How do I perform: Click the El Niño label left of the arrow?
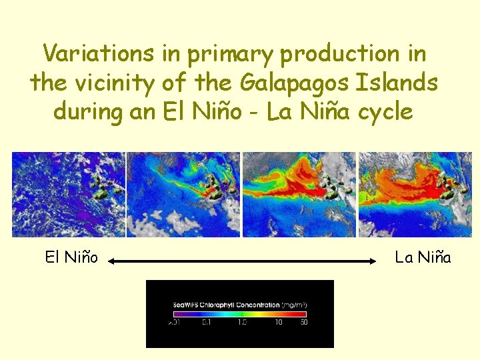pos(71,257)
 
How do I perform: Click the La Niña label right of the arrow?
pos(423,257)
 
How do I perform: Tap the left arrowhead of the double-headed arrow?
pos(112,262)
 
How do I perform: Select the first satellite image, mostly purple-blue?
pos(69,194)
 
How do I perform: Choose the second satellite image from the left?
pos(183,194)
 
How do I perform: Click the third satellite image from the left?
pos(299,194)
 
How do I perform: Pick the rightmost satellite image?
pos(415,194)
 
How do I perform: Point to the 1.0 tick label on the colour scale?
pos(242,323)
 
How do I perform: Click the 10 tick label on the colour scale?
pos(279,323)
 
